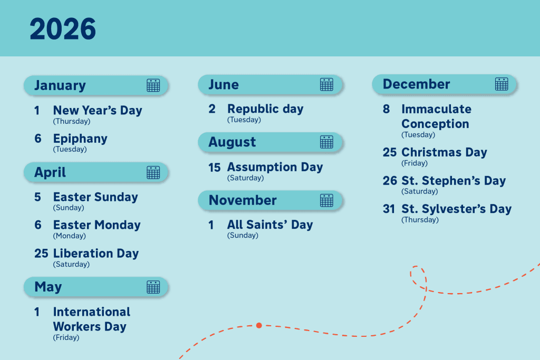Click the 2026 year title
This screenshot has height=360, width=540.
[x=63, y=29]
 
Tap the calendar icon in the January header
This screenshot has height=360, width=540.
[x=153, y=85]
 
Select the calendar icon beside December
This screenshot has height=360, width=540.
[x=502, y=84]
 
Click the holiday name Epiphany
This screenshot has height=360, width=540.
[x=80, y=139]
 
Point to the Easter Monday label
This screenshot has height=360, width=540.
[x=97, y=225]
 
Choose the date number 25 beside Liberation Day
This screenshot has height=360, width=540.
[x=41, y=254]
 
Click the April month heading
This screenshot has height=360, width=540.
[x=50, y=172]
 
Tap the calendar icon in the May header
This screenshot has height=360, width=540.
[x=153, y=287]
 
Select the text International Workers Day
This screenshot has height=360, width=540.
[x=91, y=319]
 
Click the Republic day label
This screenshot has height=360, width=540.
[x=265, y=109]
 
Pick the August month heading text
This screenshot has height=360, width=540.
[x=232, y=142]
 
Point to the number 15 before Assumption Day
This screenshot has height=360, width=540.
[x=214, y=168]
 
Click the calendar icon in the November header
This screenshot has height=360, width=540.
[x=326, y=200]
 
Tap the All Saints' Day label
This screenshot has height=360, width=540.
[x=270, y=225]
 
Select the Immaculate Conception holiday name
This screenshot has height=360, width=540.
[x=436, y=116]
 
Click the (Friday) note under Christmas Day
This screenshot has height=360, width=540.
[x=414, y=163]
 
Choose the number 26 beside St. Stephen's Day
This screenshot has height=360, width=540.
[x=390, y=181]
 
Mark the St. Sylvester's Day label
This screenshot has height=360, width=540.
[x=456, y=209]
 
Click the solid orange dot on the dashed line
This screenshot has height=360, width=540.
[x=259, y=325]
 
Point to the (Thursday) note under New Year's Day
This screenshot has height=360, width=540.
[x=72, y=121]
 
